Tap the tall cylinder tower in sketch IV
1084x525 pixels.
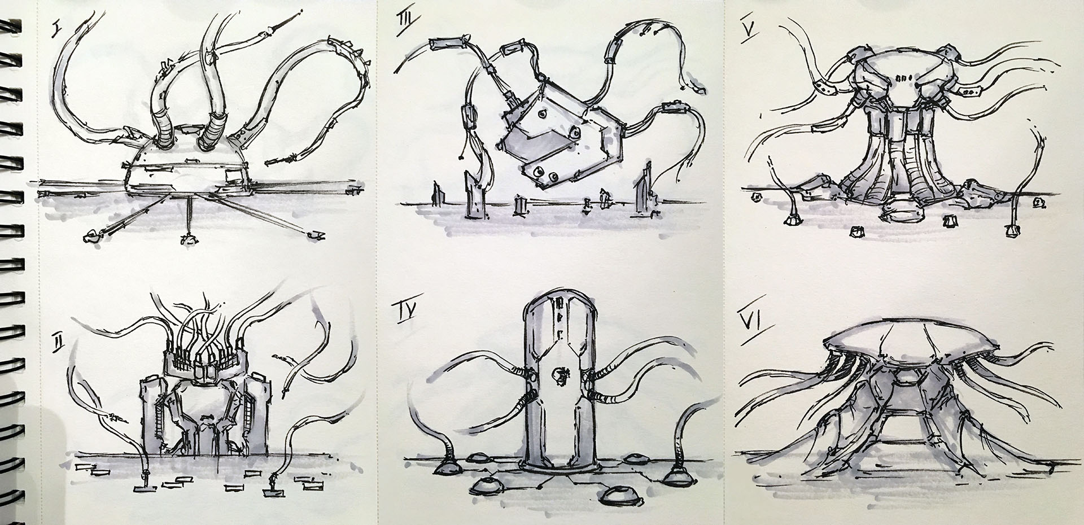click(558, 390)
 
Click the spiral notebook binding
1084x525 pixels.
click(12, 262)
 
